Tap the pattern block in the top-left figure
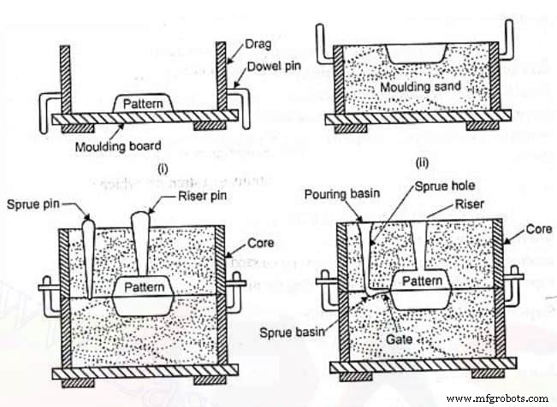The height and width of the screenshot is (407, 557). point(139,102)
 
